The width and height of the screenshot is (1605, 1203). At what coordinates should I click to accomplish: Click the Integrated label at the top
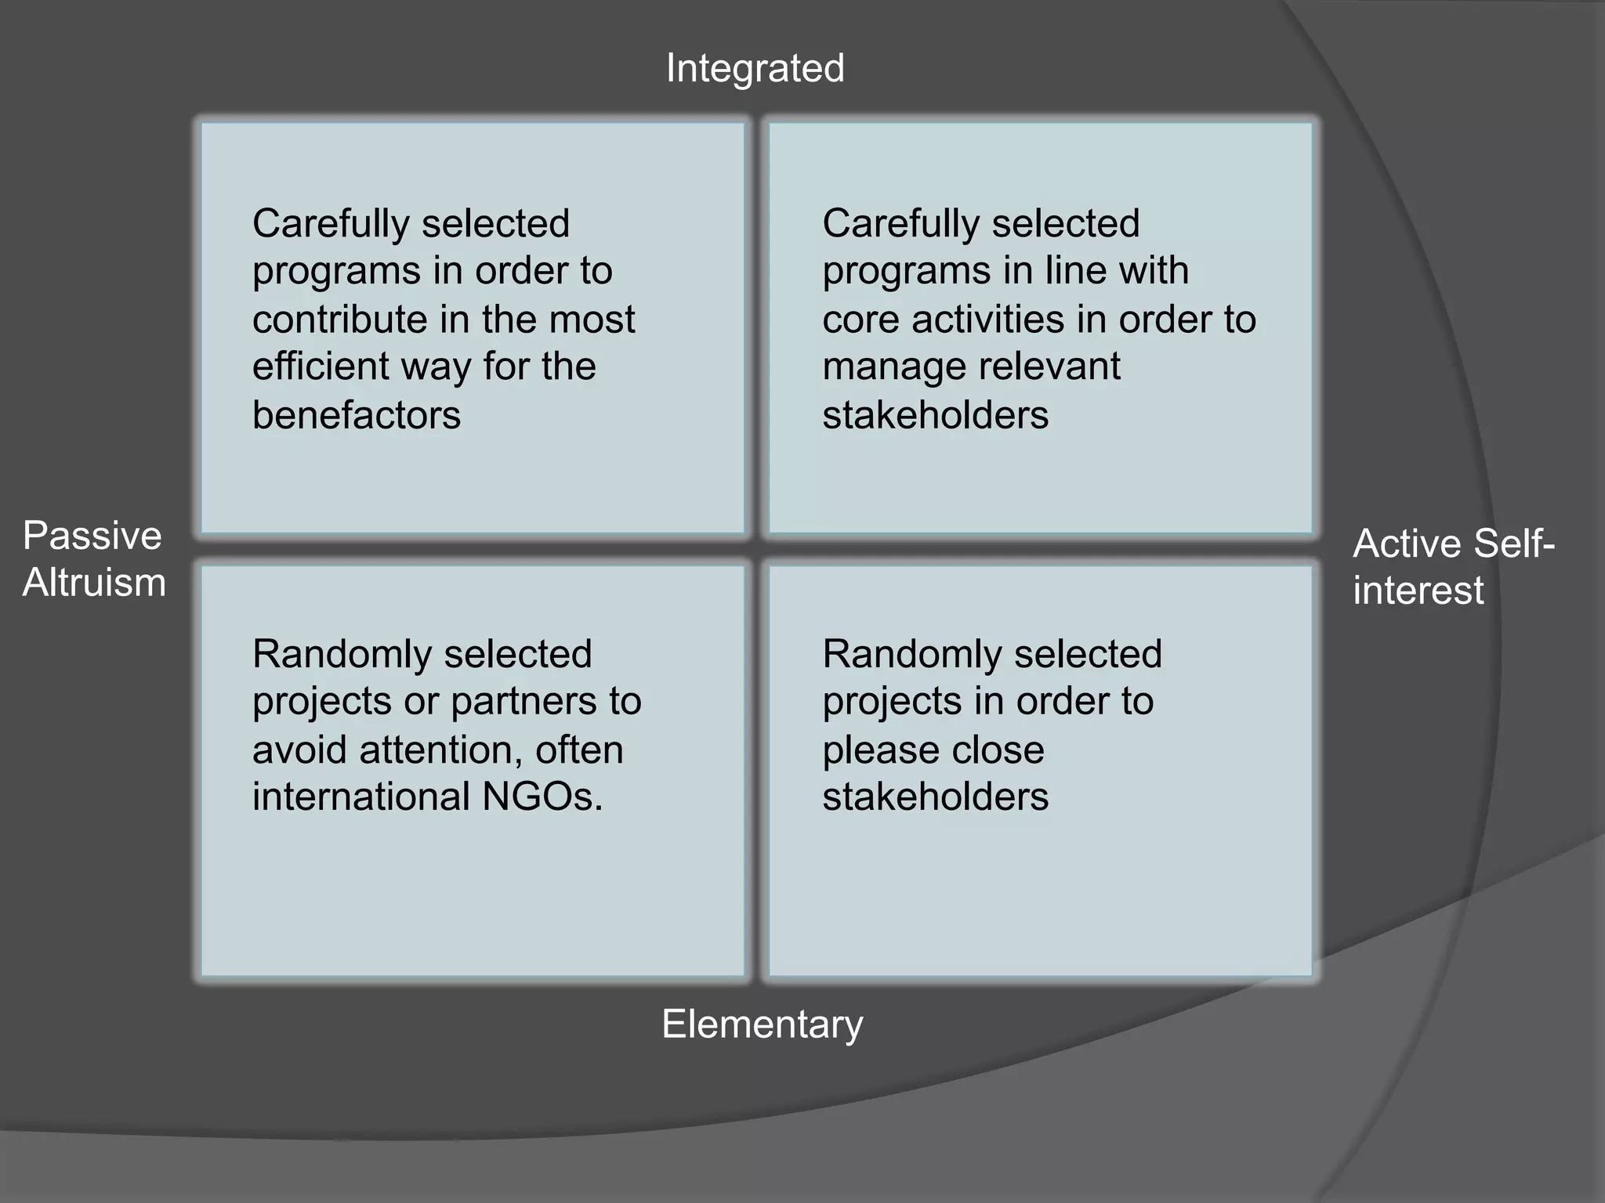click(755, 69)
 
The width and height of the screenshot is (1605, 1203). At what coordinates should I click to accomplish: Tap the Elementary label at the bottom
click(762, 1024)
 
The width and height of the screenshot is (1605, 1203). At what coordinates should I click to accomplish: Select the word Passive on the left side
click(92, 537)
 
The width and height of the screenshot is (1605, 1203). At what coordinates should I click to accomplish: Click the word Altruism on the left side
click(94, 583)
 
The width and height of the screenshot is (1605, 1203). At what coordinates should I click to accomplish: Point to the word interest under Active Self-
click(1418, 591)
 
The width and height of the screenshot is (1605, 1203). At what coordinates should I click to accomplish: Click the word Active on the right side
click(1406, 544)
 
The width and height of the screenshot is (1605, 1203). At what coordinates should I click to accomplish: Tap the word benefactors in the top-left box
click(357, 415)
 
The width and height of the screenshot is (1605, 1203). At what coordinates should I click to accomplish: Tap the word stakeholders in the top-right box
click(935, 415)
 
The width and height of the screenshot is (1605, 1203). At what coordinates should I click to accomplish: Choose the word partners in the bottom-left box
click(513, 701)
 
